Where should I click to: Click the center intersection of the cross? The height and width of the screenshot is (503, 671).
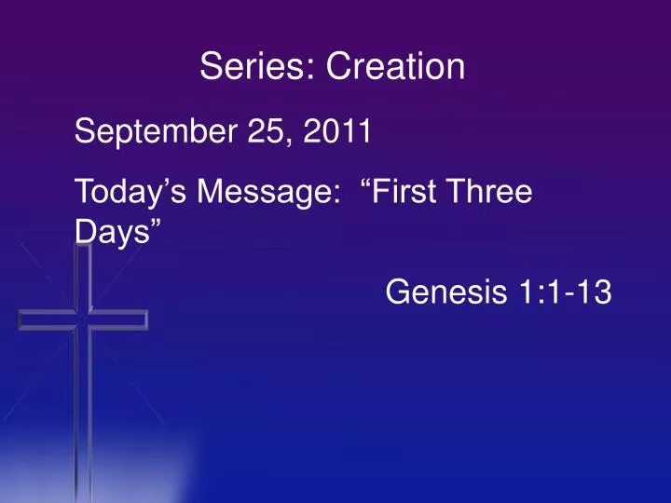point(84,319)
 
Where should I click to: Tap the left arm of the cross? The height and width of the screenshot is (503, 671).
point(42,319)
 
